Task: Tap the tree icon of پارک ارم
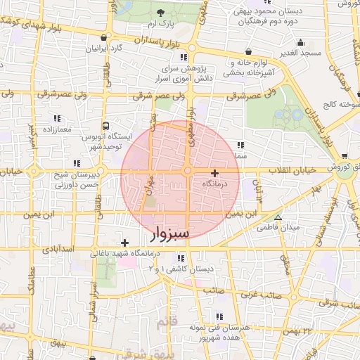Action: tap(161, 13)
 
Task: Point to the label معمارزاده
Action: tap(57, 131)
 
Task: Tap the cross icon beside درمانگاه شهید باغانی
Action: tap(124, 243)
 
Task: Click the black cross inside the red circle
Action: tap(214, 173)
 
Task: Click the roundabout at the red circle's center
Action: tap(188, 171)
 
